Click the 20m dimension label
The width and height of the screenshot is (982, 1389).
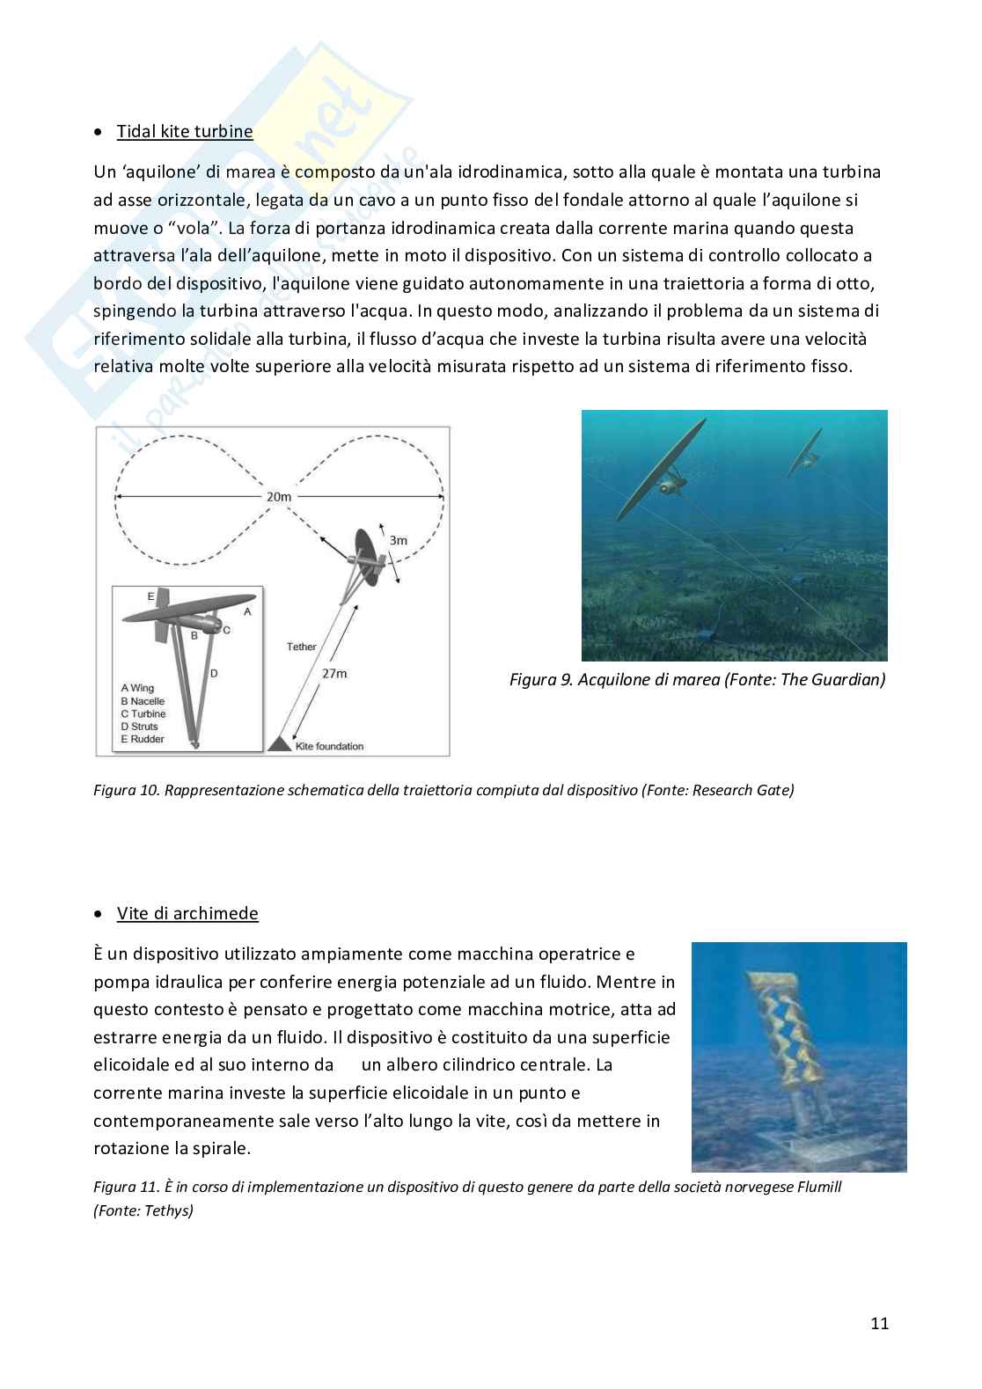click(279, 497)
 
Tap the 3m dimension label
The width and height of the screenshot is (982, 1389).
click(398, 540)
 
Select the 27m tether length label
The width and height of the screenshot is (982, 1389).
click(333, 673)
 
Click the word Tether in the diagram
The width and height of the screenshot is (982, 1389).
click(301, 647)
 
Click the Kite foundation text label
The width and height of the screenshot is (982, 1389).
click(329, 746)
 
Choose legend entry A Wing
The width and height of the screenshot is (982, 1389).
click(137, 688)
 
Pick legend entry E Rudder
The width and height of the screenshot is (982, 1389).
click(143, 739)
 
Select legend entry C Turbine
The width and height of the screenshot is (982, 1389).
click(143, 713)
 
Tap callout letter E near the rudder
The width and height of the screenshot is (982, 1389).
click(151, 596)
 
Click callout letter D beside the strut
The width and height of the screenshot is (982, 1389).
click(213, 673)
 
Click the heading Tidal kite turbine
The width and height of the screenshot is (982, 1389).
click(185, 131)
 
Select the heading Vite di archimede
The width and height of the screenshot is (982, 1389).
click(187, 913)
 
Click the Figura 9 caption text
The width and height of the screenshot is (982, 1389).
click(697, 679)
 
